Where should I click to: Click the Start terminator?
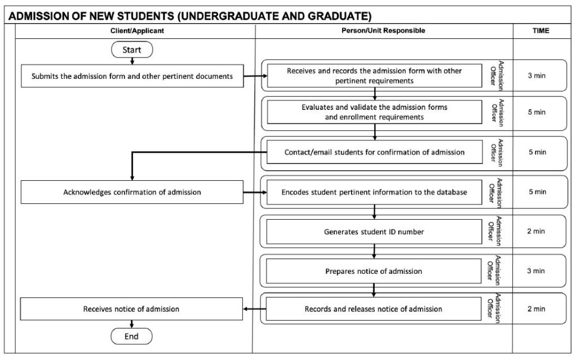[x=132, y=50]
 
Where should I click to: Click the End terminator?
[x=131, y=336]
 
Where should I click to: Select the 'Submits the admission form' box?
[x=132, y=77]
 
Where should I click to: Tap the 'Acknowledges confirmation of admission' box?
[x=132, y=192]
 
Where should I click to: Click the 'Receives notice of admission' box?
[x=131, y=309]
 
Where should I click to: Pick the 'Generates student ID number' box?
[x=374, y=232]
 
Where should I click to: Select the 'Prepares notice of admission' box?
[x=374, y=271]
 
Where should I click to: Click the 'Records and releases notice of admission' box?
[x=374, y=309]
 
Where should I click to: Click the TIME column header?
[x=540, y=31]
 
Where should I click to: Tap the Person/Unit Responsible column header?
[x=383, y=31]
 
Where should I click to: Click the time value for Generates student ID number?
[x=536, y=232]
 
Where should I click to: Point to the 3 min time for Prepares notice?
[x=536, y=271]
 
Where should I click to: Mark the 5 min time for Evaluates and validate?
[x=536, y=112]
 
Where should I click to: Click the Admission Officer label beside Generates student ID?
[x=495, y=232]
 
